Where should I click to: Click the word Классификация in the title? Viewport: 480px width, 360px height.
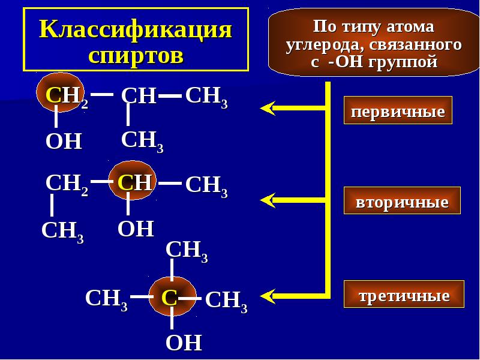point(136,28)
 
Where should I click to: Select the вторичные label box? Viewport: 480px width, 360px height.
point(402,202)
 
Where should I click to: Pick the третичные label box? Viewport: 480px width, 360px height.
point(404,295)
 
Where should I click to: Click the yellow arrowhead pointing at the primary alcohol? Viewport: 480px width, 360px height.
point(268,108)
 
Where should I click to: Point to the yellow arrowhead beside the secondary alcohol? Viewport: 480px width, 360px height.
point(268,199)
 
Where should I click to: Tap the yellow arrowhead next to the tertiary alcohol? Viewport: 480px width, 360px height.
point(268,295)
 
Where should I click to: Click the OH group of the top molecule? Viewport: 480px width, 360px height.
point(64,142)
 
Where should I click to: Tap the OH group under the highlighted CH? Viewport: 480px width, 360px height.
point(136,229)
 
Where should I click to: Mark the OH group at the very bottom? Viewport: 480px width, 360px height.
point(183,343)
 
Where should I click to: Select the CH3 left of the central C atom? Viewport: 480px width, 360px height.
point(106,298)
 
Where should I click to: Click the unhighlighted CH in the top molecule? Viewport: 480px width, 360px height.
point(138,95)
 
